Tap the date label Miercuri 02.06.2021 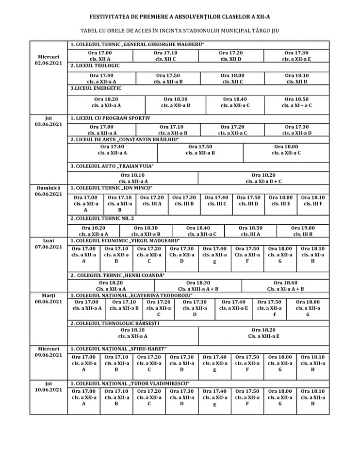[49, 60]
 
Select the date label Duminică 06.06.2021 [48, 191]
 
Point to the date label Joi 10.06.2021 [49, 386]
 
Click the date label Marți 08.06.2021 [49, 298]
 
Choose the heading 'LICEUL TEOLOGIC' [95, 66]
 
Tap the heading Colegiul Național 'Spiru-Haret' [118, 349]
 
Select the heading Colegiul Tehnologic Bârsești [115, 323]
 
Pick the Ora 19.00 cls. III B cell [302, 231]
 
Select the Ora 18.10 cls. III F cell [312, 201]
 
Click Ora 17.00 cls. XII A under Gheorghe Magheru [99, 56]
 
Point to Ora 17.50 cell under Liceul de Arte [200, 150]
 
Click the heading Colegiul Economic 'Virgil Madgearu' [125, 241]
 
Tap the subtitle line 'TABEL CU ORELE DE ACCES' [180, 31]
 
